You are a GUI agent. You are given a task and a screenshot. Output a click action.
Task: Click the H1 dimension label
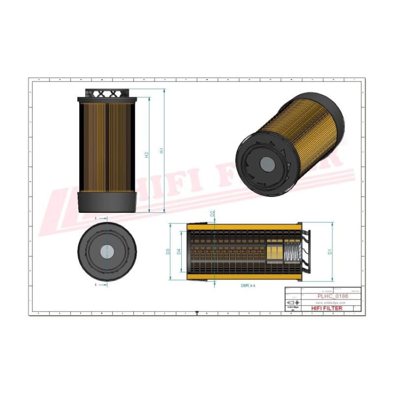[x=162, y=150]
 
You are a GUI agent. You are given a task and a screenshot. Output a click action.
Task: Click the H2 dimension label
[x=147, y=154]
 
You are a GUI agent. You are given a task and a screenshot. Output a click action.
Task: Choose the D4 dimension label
[x=179, y=252]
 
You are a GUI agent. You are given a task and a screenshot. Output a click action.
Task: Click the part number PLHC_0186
[x=333, y=296]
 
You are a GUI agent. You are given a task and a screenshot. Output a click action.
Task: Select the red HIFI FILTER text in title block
[x=327, y=308]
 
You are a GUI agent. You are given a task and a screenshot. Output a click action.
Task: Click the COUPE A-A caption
[x=248, y=287]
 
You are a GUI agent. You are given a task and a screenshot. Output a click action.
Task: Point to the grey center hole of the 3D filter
[x=267, y=164]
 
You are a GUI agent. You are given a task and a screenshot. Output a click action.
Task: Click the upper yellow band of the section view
[x=242, y=227]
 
